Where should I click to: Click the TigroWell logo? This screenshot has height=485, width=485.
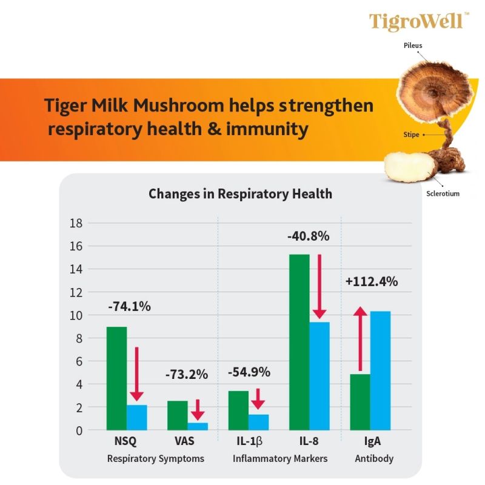tap(418, 21)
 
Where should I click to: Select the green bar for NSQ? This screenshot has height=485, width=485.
tap(116, 378)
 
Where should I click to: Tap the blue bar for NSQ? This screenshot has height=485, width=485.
tap(137, 417)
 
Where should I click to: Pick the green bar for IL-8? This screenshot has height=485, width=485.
tap(299, 342)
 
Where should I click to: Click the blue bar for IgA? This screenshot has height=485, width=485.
tap(380, 370)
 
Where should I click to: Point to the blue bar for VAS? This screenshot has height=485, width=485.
tap(198, 426)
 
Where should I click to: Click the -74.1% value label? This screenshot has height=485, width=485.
tap(129, 306)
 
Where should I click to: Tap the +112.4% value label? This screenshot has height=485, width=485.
tap(372, 281)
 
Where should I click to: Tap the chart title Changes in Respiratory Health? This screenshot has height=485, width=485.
tap(240, 194)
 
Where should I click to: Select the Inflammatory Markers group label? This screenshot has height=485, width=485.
tap(280, 458)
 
